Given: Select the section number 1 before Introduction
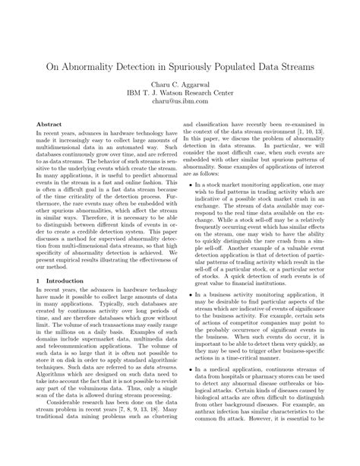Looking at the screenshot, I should tap(39, 302).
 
